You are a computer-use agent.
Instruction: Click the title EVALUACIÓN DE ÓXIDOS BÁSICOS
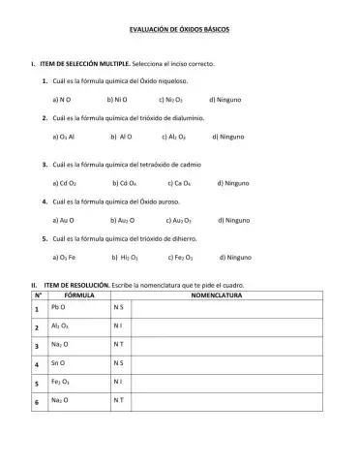(180, 30)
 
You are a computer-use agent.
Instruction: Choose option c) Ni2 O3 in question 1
(169, 99)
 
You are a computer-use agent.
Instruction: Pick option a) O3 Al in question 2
(66, 139)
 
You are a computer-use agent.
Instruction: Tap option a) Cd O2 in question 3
(66, 182)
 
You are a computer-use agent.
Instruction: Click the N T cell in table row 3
(119, 346)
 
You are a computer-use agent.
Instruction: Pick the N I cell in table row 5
(118, 383)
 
